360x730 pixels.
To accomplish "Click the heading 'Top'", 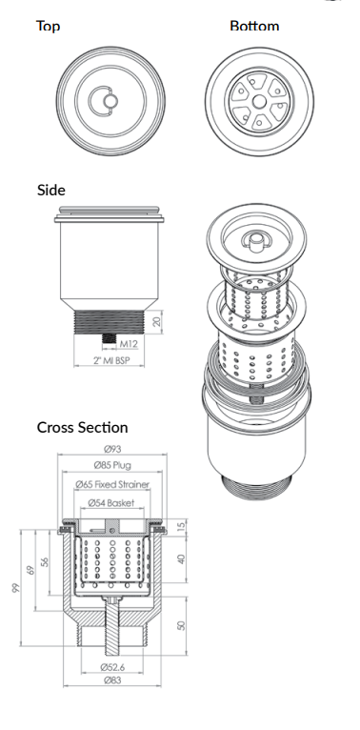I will click(48, 26).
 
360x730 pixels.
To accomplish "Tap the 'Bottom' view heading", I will click(254, 26).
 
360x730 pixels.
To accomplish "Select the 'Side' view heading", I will click(50, 190).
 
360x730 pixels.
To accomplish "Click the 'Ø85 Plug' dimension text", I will click(112, 467).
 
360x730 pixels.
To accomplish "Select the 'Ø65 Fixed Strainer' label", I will click(112, 485).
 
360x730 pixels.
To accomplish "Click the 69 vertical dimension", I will click(30, 570).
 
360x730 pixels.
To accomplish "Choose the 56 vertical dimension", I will click(45, 562).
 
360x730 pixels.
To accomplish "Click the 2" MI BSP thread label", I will click(111, 362).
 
